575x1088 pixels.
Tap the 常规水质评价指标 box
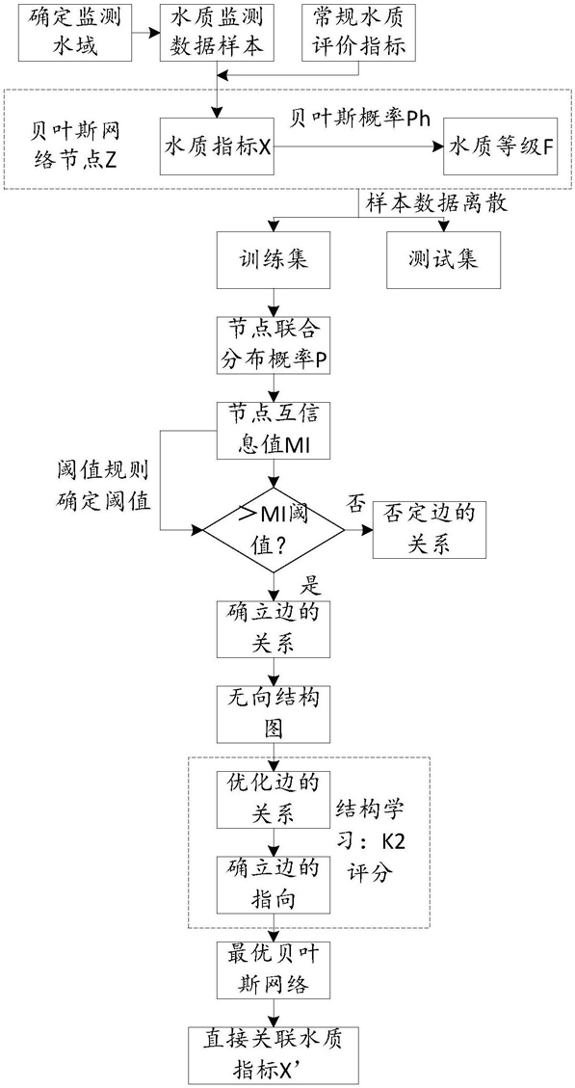(x=359, y=32)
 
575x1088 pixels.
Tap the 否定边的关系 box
(x=430, y=530)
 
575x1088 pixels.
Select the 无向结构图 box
(x=275, y=715)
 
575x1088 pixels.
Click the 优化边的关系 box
(x=275, y=799)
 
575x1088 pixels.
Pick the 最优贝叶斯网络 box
(x=275, y=970)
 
